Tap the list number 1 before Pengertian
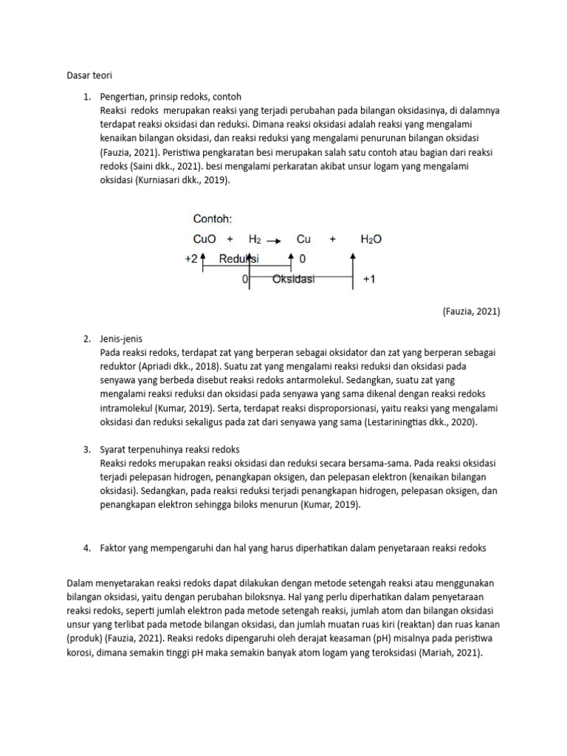[x=86, y=97]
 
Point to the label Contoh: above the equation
[x=213, y=219]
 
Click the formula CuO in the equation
[x=205, y=239]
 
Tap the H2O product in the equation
[x=371, y=239]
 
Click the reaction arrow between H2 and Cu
[x=274, y=240]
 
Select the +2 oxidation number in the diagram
[x=190, y=260]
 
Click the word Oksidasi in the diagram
[x=293, y=280]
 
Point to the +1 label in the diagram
[x=370, y=280]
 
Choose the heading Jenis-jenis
[x=123, y=338]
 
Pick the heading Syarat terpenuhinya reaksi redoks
[x=170, y=450]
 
